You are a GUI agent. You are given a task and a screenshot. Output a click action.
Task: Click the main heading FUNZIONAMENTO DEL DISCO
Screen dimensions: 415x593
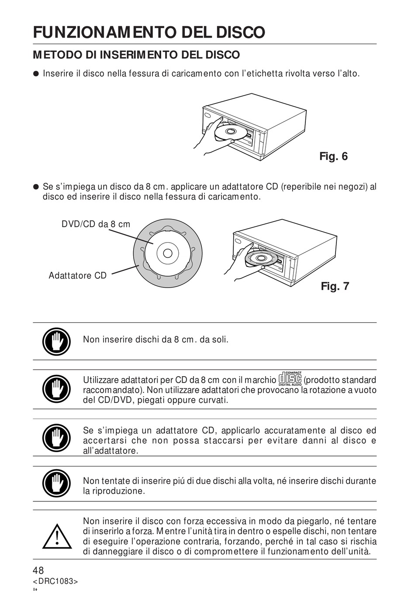[x=149, y=32]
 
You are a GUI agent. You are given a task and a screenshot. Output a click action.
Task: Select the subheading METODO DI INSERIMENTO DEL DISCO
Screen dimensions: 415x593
[x=136, y=55]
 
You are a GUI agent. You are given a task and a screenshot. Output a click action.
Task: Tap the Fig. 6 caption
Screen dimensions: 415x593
[x=333, y=156]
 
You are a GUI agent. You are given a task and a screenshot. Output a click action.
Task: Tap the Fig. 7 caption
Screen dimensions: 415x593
[x=335, y=286]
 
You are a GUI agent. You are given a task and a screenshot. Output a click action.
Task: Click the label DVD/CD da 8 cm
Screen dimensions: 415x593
[x=96, y=224]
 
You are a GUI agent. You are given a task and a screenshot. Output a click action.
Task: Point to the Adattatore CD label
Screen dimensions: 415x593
[x=78, y=275]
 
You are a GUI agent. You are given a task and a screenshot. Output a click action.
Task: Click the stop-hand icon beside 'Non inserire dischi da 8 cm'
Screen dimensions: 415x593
[x=56, y=341]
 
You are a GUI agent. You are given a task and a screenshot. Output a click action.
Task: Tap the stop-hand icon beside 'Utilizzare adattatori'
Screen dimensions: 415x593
[x=56, y=389]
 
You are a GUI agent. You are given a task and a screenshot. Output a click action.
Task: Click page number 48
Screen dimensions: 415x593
[x=38, y=570]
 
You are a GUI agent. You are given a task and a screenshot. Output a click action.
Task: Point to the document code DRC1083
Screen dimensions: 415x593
[x=55, y=581]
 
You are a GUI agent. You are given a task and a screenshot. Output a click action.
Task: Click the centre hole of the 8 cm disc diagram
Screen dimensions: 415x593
[x=168, y=253]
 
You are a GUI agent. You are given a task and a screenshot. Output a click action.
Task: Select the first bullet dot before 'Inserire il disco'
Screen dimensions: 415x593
[x=37, y=73]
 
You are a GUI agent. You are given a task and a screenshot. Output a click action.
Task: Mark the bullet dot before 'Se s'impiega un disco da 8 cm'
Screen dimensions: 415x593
[x=37, y=187]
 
